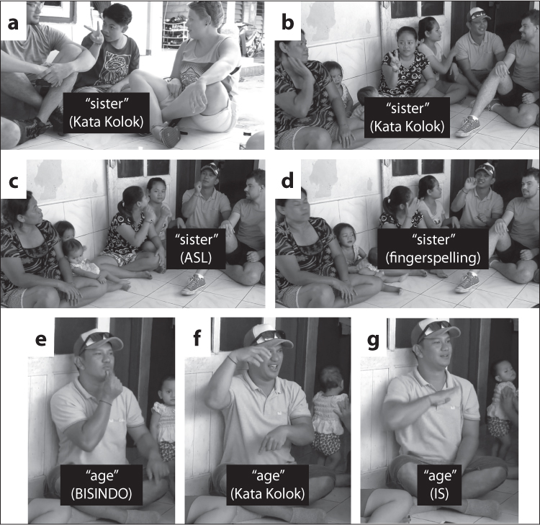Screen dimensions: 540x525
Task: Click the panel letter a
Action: pos(13,24)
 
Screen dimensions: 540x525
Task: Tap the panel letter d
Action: pos(287,181)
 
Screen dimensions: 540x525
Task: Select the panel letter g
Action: pos(373,342)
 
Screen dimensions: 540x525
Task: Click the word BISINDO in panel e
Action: pos(102,494)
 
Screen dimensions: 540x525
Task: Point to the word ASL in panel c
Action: pos(196,258)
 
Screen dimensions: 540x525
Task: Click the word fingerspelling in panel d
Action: pos(433,258)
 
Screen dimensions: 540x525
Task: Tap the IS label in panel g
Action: pos(440,494)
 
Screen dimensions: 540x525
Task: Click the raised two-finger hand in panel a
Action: pos(95,33)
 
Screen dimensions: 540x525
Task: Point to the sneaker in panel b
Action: pos(467,127)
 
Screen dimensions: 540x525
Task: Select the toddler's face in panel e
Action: pos(168,391)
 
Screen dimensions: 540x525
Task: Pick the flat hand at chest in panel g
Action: pos(443,395)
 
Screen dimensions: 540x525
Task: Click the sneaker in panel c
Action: pos(194,284)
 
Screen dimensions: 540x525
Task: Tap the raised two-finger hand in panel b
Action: pos(392,61)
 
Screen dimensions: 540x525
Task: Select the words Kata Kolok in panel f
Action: pos(268,494)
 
